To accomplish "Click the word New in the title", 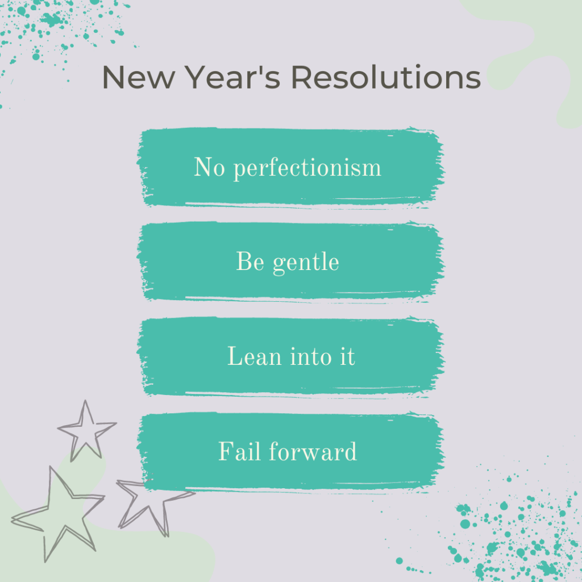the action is pyautogui.click(x=139, y=77).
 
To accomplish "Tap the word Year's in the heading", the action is pyautogui.click(x=232, y=77).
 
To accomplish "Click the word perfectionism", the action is pyautogui.click(x=307, y=168).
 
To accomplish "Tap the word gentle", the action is pyautogui.click(x=306, y=263).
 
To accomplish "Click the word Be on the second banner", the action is pyautogui.click(x=250, y=261).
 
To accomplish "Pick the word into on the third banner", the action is pyautogui.click(x=311, y=356).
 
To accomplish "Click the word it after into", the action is pyautogui.click(x=348, y=356).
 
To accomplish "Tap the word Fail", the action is pyautogui.click(x=239, y=451).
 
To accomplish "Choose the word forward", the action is pyautogui.click(x=313, y=451).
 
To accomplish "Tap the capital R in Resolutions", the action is pyautogui.click(x=302, y=77).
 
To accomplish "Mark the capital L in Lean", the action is pyautogui.click(x=236, y=356).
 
